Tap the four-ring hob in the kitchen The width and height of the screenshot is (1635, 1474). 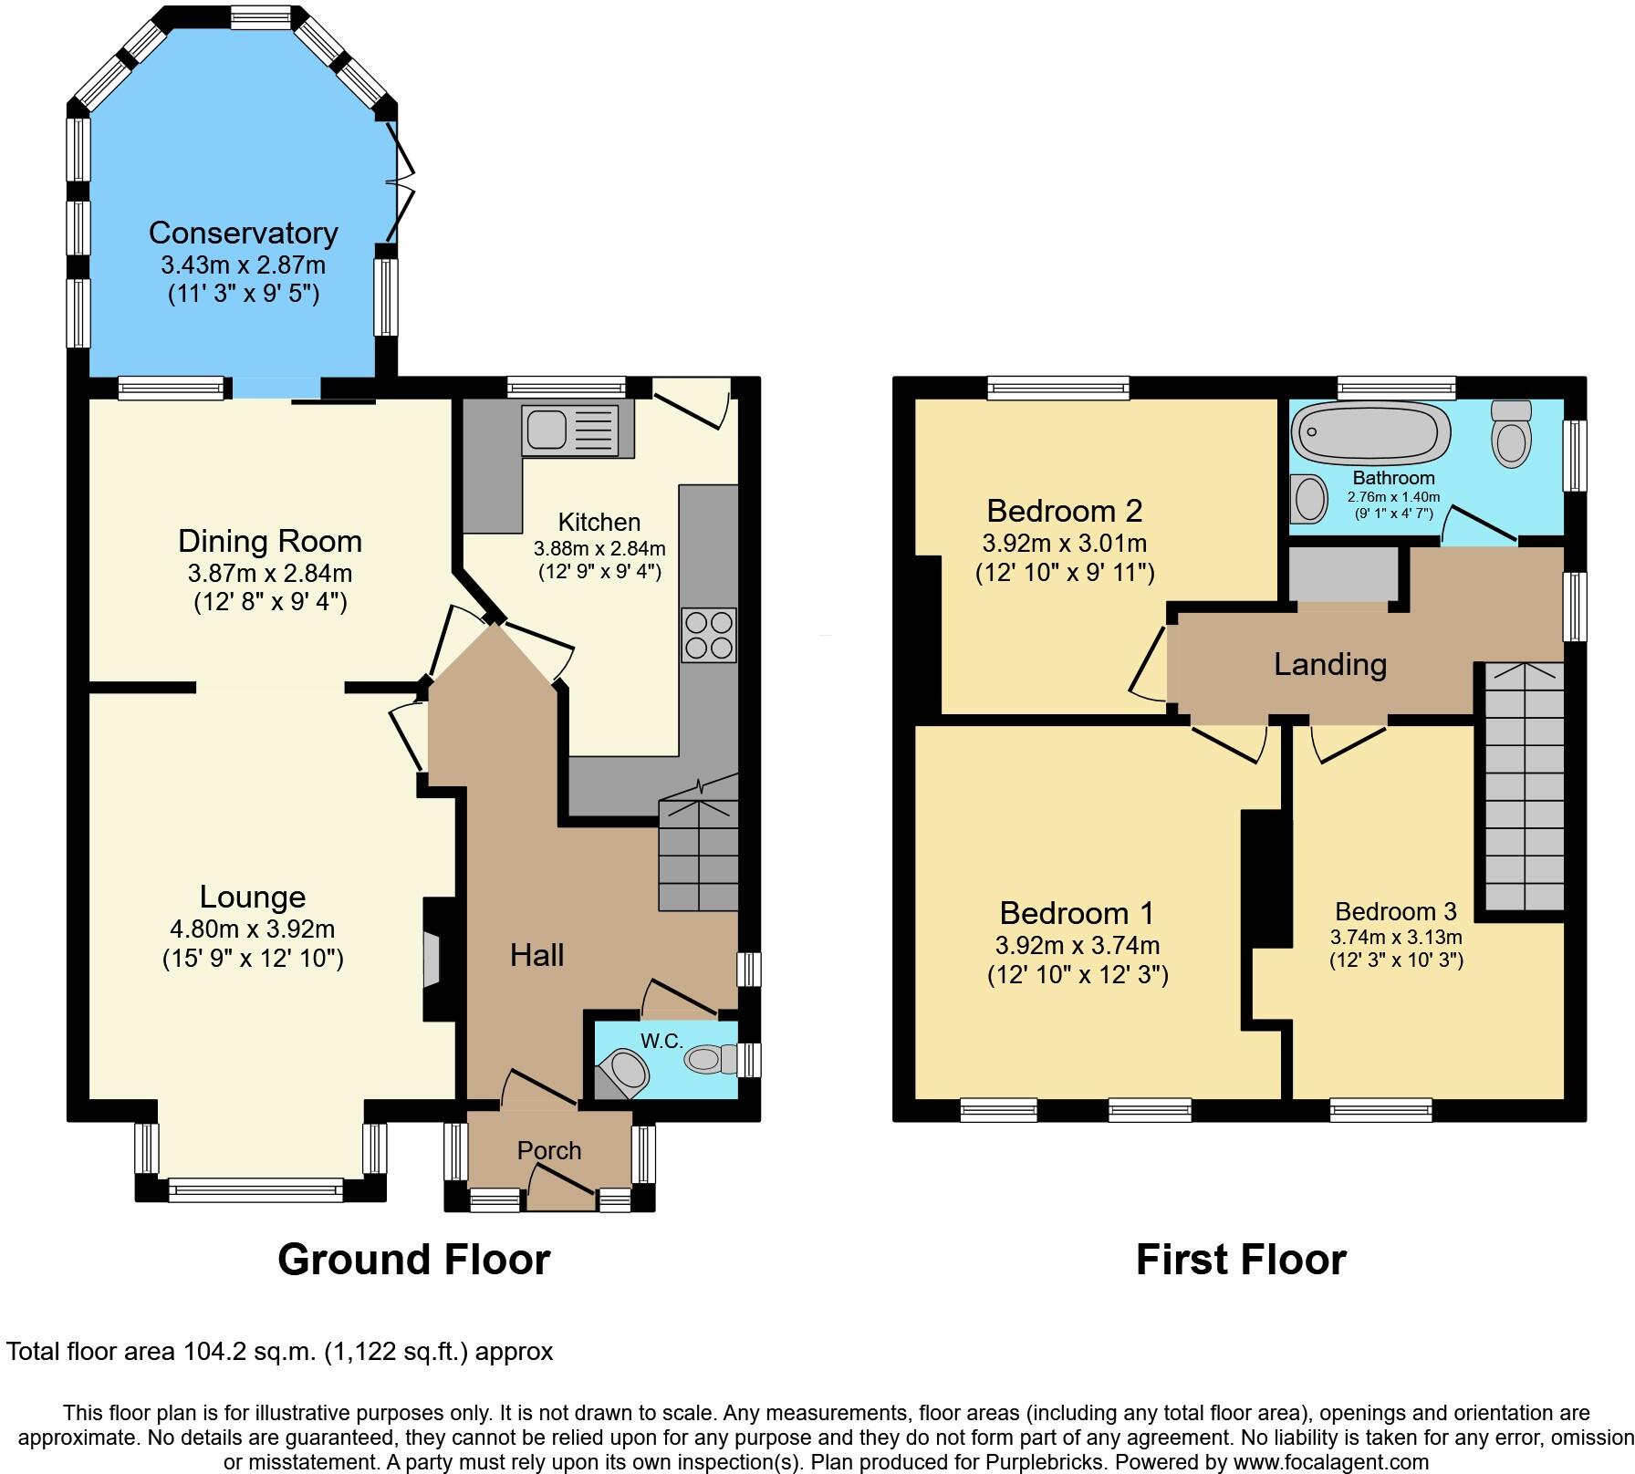click(x=709, y=635)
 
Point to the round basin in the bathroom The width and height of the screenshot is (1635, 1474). click(x=1310, y=501)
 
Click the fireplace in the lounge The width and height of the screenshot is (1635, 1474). click(x=433, y=960)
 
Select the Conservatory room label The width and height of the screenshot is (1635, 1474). click(x=243, y=233)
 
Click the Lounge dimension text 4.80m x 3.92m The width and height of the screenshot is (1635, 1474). click(x=253, y=929)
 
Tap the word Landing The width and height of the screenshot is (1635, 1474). click(x=1329, y=664)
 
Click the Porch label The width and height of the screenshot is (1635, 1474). click(x=549, y=1150)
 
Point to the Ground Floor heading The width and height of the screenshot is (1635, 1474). click(x=413, y=1260)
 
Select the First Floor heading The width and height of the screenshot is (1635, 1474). click(x=1241, y=1260)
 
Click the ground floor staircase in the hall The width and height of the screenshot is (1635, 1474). click(x=698, y=853)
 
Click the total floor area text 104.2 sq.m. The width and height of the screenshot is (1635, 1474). click(x=279, y=1351)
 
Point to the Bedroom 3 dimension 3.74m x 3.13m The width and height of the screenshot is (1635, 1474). click(x=1396, y=937)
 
